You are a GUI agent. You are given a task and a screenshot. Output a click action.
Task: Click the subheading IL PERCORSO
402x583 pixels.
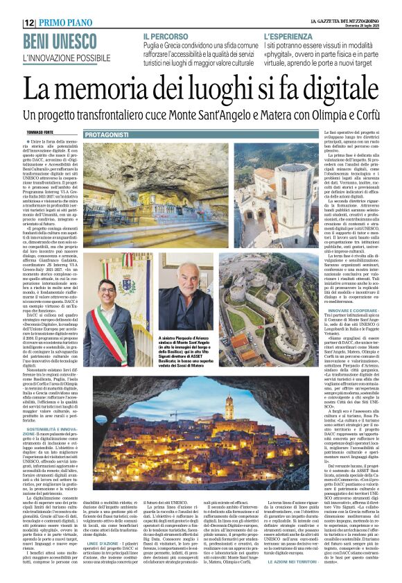[x=166, y=35]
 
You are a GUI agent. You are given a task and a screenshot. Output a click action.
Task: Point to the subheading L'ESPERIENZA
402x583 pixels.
[x=288, y=35]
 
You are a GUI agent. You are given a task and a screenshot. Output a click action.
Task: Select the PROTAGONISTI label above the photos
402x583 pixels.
[x=107, y=134]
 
